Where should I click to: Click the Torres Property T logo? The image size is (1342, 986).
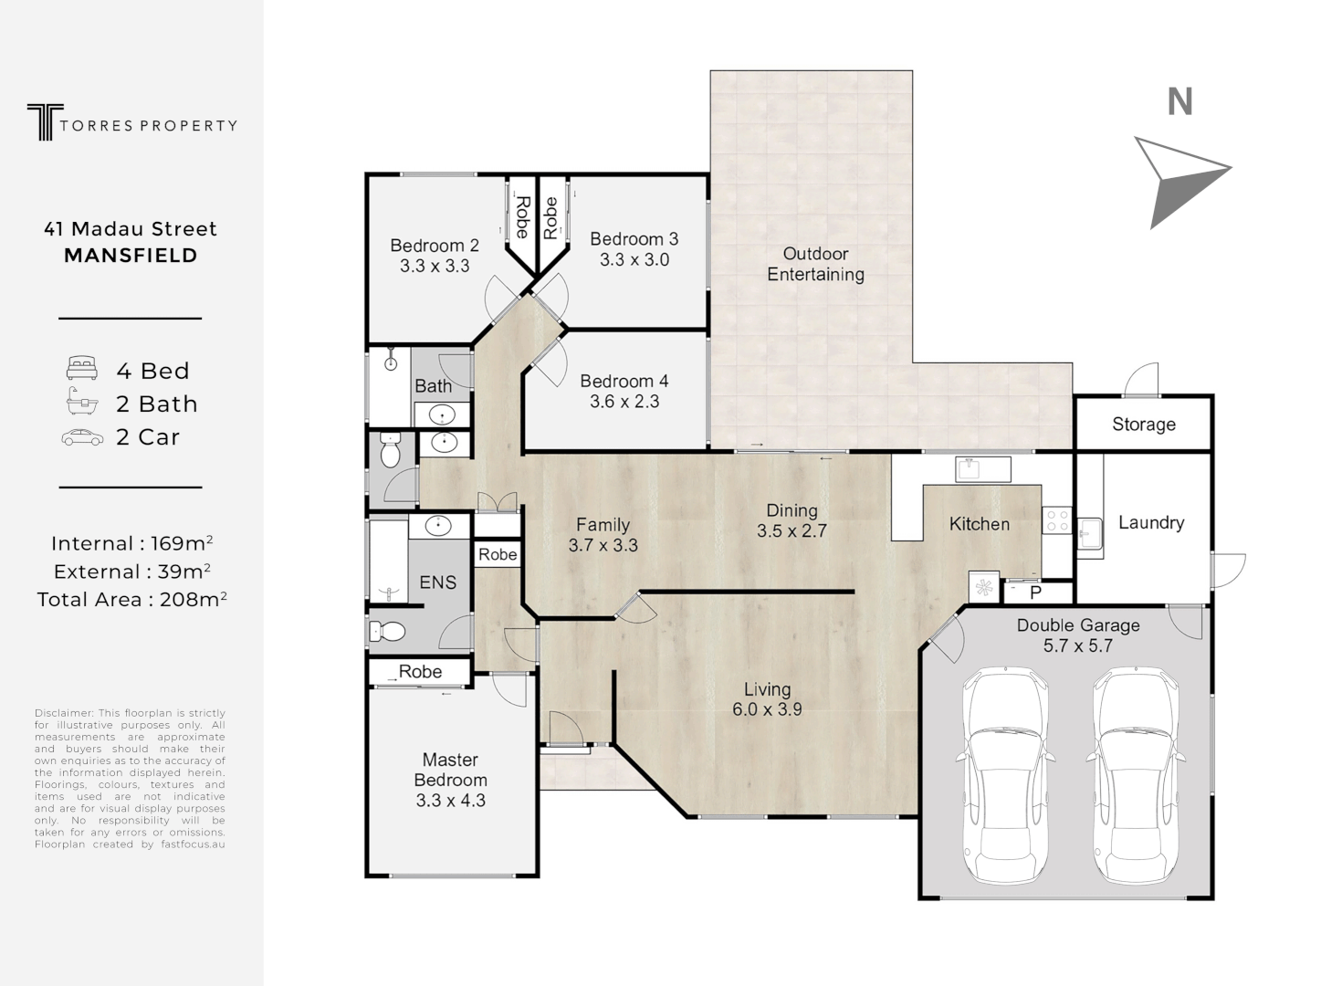coord(45,121)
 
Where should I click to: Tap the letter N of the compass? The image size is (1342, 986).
coord(1179,102)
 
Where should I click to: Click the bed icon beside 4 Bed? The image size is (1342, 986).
coord(82,368)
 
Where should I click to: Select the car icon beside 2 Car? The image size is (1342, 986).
coord(82,437)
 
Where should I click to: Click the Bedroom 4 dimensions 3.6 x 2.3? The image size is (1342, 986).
coord(624,402)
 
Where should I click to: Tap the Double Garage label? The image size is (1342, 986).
coord(1078,625)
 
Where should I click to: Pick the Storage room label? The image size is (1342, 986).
coord(1144,425)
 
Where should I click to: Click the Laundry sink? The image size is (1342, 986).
coord(1090,534)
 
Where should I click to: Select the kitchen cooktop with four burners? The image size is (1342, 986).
coord(1057,520)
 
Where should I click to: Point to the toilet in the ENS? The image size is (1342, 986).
coord(388,631)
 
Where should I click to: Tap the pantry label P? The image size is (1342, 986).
coord(1035,593)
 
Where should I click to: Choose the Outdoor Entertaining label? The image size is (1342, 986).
coord(815,264)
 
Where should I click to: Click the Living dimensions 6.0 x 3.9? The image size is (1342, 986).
coord(767,709)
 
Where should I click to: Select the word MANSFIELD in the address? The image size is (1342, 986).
coord(131,256)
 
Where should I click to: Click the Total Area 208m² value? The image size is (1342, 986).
coord(193,599)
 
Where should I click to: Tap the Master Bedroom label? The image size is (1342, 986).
coord(451,770)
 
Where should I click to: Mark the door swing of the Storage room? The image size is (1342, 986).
coord(1141,379)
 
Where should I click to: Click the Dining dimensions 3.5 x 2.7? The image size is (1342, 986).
coord(792,530)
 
